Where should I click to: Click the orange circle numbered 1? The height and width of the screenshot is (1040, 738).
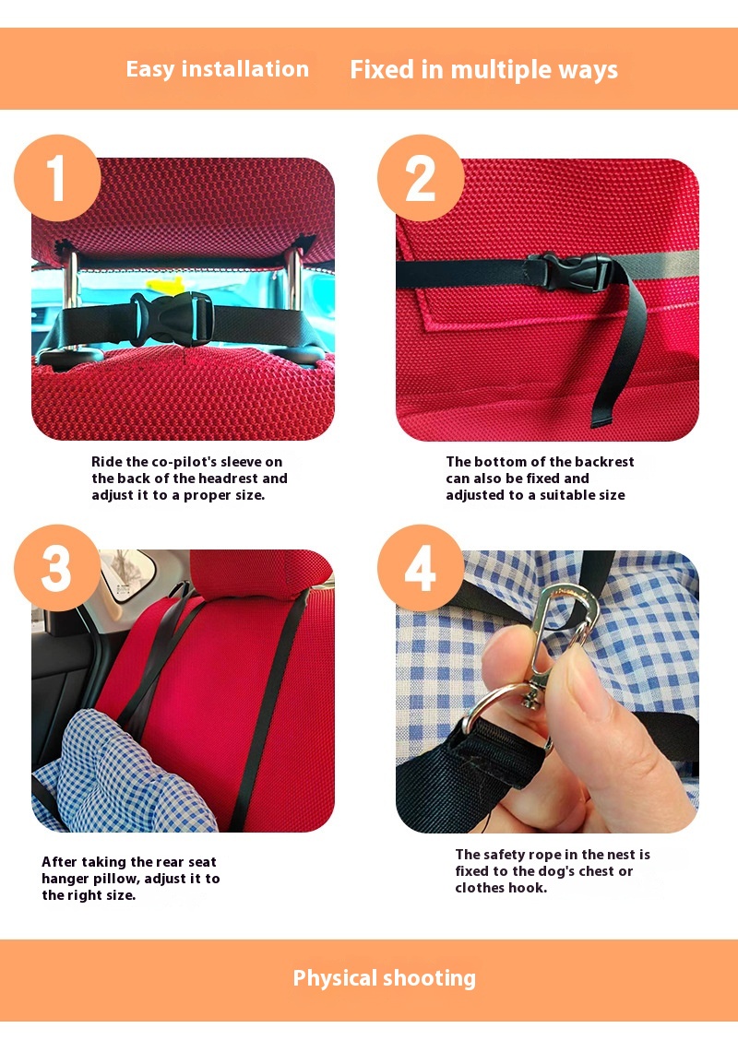[57, 178]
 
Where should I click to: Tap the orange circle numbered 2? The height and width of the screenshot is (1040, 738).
[420, 178]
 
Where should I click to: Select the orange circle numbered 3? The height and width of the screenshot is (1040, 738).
[57, 568]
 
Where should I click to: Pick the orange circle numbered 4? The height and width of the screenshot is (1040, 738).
[420, 568]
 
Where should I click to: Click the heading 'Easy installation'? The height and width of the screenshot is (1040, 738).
[218, 69]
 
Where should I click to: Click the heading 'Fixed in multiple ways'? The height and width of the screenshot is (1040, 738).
[483, 70]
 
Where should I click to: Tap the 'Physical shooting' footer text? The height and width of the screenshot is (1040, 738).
[385, 978]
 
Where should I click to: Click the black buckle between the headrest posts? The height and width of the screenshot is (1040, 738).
[172, 319]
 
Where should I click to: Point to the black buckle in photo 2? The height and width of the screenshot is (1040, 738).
[571, 271]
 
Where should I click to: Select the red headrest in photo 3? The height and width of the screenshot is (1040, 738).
[260, 573]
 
